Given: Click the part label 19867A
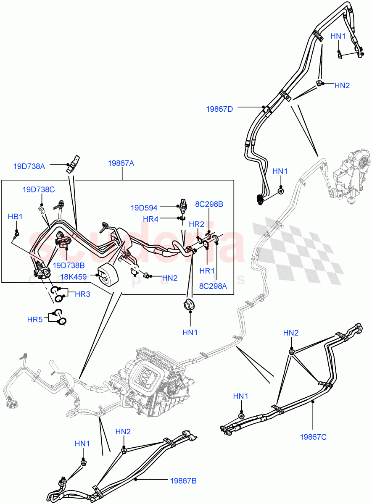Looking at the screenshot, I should (121, 163).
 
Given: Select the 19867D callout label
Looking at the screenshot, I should (219, 109).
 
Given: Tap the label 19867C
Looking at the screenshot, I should (313, 437).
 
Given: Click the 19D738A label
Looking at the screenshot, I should (29, 166).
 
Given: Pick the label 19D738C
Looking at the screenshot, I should (39, 189).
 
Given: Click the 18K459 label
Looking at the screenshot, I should (73, 277).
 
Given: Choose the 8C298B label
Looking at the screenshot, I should (208, 205).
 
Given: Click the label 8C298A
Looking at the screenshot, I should (213, 286).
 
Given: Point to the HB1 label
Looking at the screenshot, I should (15, 216).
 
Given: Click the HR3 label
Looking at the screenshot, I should (82, 294).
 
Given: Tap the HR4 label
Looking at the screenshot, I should (150, 219).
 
